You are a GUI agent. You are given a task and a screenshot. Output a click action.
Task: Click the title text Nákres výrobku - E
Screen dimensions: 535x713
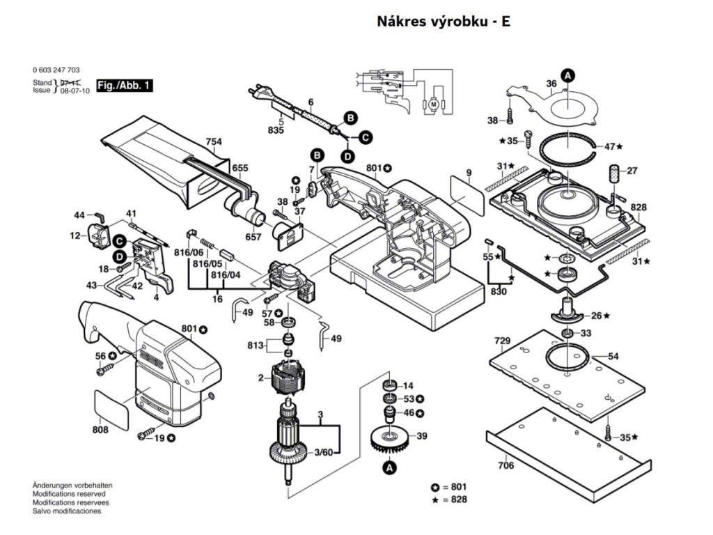pos(444,22)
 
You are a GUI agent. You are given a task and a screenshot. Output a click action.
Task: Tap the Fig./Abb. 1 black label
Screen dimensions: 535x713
pos(125,86)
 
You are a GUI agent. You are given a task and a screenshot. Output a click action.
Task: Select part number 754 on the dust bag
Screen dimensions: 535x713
pos(214,142)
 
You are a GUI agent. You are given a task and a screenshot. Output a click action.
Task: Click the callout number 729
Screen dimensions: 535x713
pos(503,341)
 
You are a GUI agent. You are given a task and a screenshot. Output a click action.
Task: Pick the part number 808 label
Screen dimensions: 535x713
pos(100,430)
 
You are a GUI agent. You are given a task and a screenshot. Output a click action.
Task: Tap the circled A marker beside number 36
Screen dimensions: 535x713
pos(567,75)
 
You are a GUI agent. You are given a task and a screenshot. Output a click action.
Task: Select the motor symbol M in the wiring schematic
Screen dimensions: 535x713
pos(433,104)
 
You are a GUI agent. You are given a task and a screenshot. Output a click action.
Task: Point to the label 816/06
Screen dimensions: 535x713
pos(189,252)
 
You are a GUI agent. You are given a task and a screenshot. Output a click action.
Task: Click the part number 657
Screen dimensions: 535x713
pos(253,237)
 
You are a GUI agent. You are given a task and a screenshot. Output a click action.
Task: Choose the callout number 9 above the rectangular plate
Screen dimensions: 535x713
pos(469,173)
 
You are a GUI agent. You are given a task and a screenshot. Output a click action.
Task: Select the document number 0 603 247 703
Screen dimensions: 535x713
pos(56,70)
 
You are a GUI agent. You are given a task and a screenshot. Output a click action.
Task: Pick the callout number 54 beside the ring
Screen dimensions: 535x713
pos(613,357)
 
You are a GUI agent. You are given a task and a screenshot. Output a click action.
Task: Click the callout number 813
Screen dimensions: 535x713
pos(256,346)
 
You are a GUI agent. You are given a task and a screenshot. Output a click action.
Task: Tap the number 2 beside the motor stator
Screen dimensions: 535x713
pos(260,378)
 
